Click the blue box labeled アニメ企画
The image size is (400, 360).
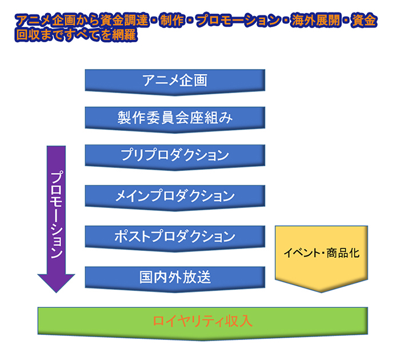point(175,80)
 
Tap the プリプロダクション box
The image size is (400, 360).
point(175,155)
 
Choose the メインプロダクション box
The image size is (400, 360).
point(175,196)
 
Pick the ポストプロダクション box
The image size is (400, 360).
point(175,236)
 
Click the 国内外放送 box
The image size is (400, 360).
point(175,277)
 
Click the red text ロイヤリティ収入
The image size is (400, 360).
point(202,321)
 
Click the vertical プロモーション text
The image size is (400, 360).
point(56,214)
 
